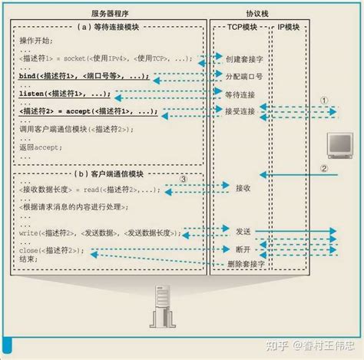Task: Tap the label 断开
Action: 223,249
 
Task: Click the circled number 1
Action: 325,100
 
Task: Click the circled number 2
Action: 325,170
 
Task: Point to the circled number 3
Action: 184,179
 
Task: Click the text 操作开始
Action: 37,38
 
